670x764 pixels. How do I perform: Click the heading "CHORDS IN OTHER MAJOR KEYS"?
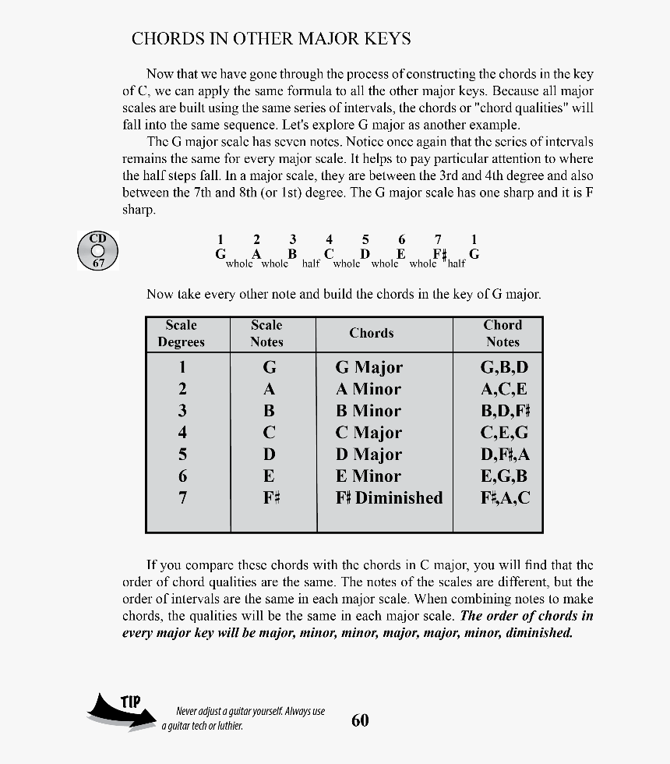point(271,39)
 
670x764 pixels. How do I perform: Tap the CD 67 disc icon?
point(97,251)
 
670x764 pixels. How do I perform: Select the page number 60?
point(360,720)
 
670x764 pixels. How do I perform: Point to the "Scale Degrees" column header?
point(181,334)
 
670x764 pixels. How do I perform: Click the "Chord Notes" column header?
point(503,334)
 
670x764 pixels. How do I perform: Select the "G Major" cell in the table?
point(369,367)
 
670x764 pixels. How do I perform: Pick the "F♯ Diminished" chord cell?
point(389,498)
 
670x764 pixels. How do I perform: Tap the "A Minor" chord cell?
point(368,389)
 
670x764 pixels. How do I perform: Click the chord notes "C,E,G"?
point(504,433)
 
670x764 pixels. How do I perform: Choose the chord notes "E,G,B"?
point(504,476)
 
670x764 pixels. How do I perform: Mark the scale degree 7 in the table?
point(182,498)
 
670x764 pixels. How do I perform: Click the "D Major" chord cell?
point(368,455)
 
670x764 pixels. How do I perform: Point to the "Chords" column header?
point(372,334)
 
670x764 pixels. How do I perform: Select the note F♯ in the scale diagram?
point(439,254)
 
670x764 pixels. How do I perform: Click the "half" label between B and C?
point(311,264)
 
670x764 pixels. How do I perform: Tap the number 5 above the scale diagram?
point(365,239)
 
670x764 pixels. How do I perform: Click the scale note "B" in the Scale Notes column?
point(269,411)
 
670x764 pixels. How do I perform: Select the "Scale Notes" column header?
point(266,334)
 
